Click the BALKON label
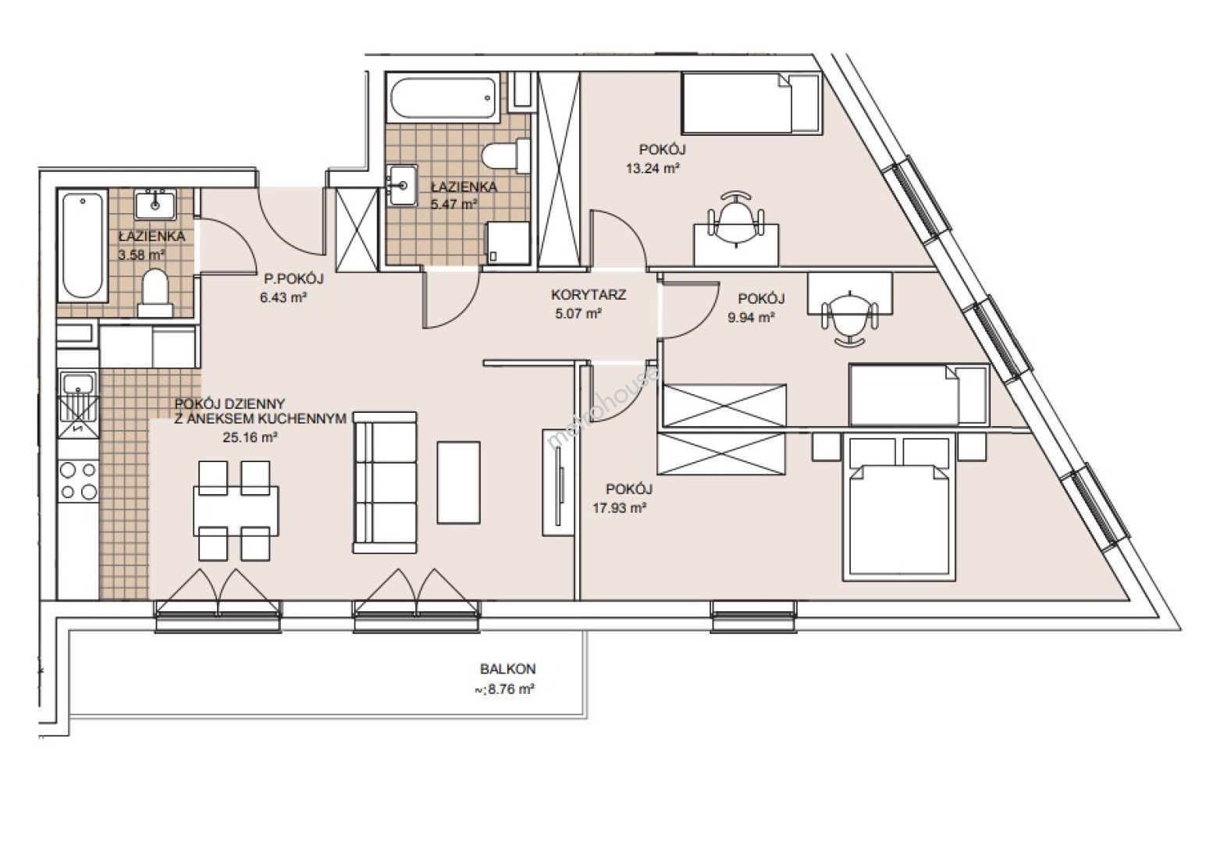point(507,669)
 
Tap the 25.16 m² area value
point(251,437)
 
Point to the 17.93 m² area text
point(620,508)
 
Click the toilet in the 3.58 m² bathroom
point(155,293)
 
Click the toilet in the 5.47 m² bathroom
point(506,155)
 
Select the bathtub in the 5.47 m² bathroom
point(442,98)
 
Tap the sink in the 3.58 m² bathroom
point(155,204)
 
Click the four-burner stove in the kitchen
point(79,480)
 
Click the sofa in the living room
point(385,482)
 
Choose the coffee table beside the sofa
point(459,482)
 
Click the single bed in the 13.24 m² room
point(752,103)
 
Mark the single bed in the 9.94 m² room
point(920,395)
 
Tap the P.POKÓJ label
point(293,279)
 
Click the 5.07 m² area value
point(578,314)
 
